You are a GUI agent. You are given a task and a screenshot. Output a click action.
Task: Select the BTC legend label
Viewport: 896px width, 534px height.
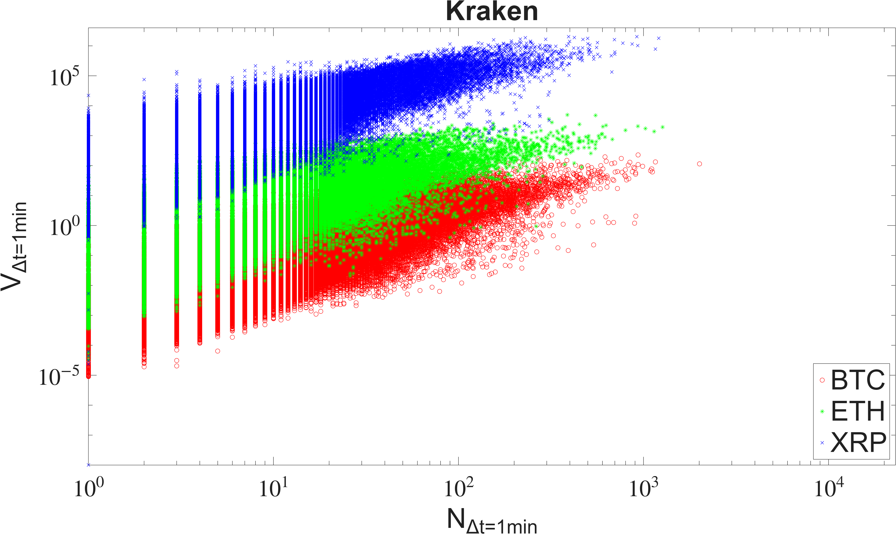(858, 380)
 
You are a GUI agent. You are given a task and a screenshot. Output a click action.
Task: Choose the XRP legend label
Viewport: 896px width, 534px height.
(859, 442)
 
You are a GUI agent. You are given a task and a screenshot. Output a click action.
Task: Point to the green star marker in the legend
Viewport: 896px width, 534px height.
(822, 411)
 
